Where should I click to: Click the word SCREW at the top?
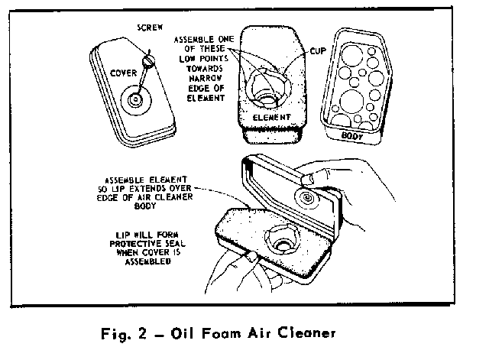point(150,28)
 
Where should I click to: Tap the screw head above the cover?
point(148,60)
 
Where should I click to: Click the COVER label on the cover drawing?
point(124,73)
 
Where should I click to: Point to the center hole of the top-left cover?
point(136,100)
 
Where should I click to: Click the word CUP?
point(318,51)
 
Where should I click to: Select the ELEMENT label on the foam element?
point(272,117)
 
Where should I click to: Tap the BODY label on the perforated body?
point(352,136)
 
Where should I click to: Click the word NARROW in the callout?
point(206,78)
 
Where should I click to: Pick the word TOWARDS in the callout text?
point(205,68)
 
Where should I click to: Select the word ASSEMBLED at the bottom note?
point(147,261)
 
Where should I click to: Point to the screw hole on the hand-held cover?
point(307,198)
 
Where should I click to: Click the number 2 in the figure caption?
point(142,334)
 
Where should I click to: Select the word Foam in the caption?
point(222,333)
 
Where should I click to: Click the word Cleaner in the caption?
point(306,332)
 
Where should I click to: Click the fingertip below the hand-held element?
point(251,257)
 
